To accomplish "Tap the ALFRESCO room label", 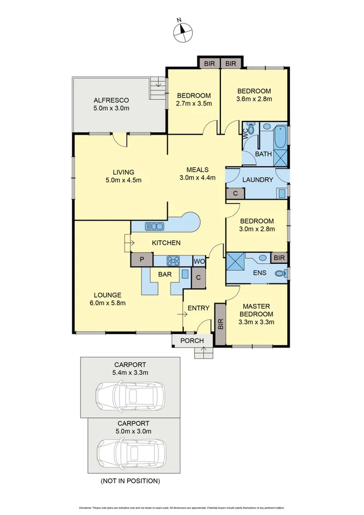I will click(111, 100).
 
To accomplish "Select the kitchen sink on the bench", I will click(155, 226).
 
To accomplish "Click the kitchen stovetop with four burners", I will click(173, 261).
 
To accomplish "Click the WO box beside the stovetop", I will click(199, 261).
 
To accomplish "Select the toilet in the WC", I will click(250, 129).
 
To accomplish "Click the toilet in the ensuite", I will click(281, 274).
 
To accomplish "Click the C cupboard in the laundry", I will click(235, 193).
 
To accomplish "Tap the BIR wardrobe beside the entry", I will click(220, 324).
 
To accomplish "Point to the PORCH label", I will click(192, 341).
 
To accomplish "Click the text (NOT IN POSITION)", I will click(130, 481).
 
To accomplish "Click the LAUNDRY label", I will click(257, 180).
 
